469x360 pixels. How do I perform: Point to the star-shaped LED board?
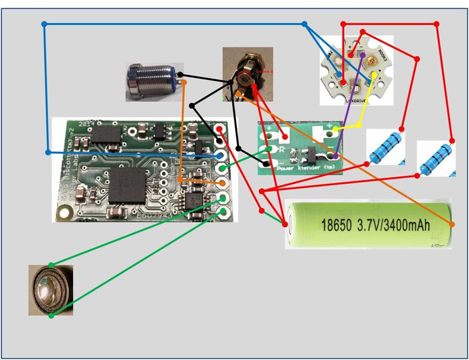[356, 69]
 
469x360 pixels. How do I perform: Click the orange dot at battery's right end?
[452, 224]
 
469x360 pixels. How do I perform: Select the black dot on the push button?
[180, 74]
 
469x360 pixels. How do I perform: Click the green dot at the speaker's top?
[51, 265]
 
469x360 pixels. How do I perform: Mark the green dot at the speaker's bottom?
[51, 316]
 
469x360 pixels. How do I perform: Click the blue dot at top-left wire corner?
[45, 24]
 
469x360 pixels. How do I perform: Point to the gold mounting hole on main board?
[64, 212]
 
